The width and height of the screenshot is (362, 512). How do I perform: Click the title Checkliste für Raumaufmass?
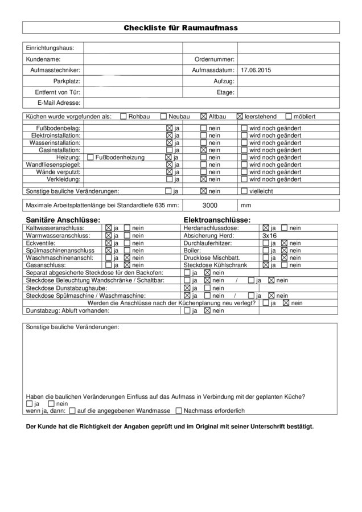[x=180, y=27]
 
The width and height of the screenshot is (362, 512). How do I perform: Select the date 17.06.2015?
[x=256, y=70]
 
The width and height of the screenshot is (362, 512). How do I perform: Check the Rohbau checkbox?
[x=124, y=116]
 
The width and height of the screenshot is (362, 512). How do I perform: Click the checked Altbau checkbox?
[x=204, y=116]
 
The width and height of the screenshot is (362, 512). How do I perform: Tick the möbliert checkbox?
[x=288, y=116]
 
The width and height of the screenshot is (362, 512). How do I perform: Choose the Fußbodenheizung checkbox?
[x=90, y=157]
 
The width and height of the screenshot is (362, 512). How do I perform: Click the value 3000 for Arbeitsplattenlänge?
[x=210, y=204]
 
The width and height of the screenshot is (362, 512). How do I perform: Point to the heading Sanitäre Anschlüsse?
[x=63, y=220]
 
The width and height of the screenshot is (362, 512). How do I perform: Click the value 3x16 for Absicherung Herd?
[x=269, y=235]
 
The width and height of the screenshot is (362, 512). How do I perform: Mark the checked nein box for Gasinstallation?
[x=203, y=150]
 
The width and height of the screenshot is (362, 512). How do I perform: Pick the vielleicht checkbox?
[x=244, y=192]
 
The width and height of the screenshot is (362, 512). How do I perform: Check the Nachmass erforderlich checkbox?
[x=179, y=410]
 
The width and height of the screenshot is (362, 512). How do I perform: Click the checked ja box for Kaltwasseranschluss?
[x=108, y=228]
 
